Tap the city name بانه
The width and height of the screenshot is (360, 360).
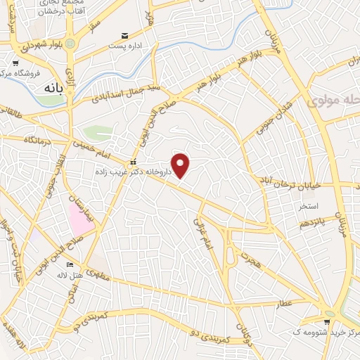[x=51, y=90]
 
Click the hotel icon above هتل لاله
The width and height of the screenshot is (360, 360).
[x=69, y=264]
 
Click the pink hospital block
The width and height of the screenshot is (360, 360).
[x=79, y=215]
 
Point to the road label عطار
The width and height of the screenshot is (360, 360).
[x=285, y=301]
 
